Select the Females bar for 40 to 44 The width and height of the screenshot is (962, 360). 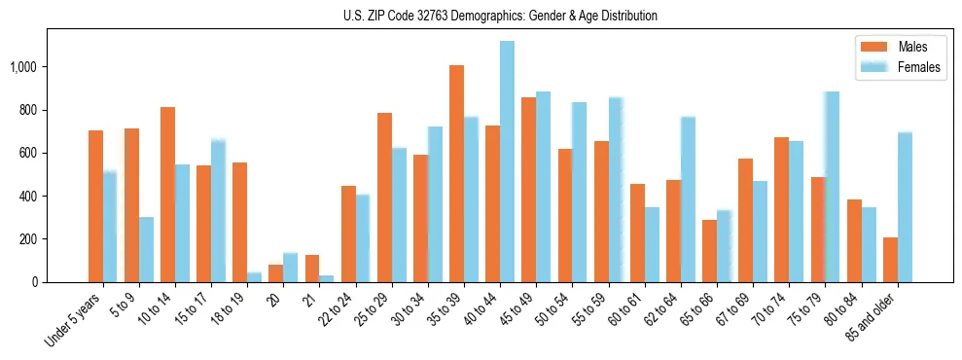(507, 162)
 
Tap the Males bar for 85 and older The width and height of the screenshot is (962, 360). (890, 260)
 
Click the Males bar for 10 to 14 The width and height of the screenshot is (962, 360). (167, 195)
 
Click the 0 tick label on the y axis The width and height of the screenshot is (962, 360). (36, 282)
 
